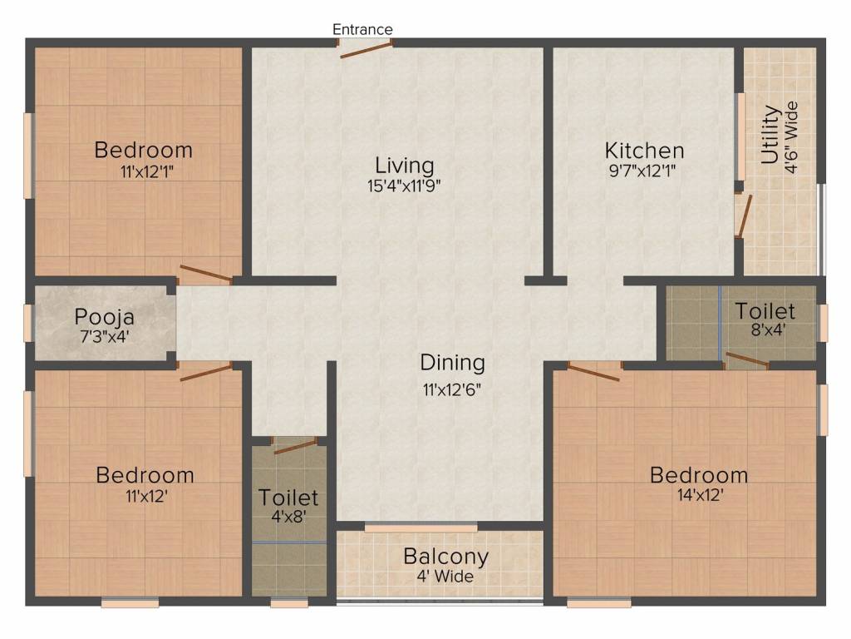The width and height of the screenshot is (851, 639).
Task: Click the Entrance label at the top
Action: click(x=362, y=29)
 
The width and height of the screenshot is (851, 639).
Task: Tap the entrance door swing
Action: click(x=366, y=50)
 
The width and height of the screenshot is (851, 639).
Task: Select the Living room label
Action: click(x=404, y=164)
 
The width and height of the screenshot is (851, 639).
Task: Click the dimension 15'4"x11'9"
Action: click(x=404, y=186)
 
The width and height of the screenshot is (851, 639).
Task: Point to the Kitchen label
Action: click(x=644, y=151)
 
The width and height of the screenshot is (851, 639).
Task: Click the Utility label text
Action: click(x=770, y=134)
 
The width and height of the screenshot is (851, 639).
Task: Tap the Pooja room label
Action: click(x=105, y=317)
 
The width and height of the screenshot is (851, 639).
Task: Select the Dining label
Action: click(x=451, y=363)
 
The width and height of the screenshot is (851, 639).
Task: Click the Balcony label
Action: click(x=445, y=556)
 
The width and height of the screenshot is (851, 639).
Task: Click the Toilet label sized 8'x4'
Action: click(x=765, y=311)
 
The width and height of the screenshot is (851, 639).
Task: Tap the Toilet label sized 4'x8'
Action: click(x=288, y=498)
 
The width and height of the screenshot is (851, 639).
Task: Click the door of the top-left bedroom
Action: click(x=205, y=274)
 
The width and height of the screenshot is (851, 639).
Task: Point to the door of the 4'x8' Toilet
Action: click(x=295, y=446)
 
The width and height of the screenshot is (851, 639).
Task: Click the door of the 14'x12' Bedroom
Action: click(x=593, y=372)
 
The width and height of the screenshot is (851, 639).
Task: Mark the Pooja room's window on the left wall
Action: click(x=28, y=324)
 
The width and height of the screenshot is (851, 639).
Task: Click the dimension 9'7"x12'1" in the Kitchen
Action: click(x=644, y=172)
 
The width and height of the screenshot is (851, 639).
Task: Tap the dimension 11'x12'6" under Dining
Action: click(x=451, y=389)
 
